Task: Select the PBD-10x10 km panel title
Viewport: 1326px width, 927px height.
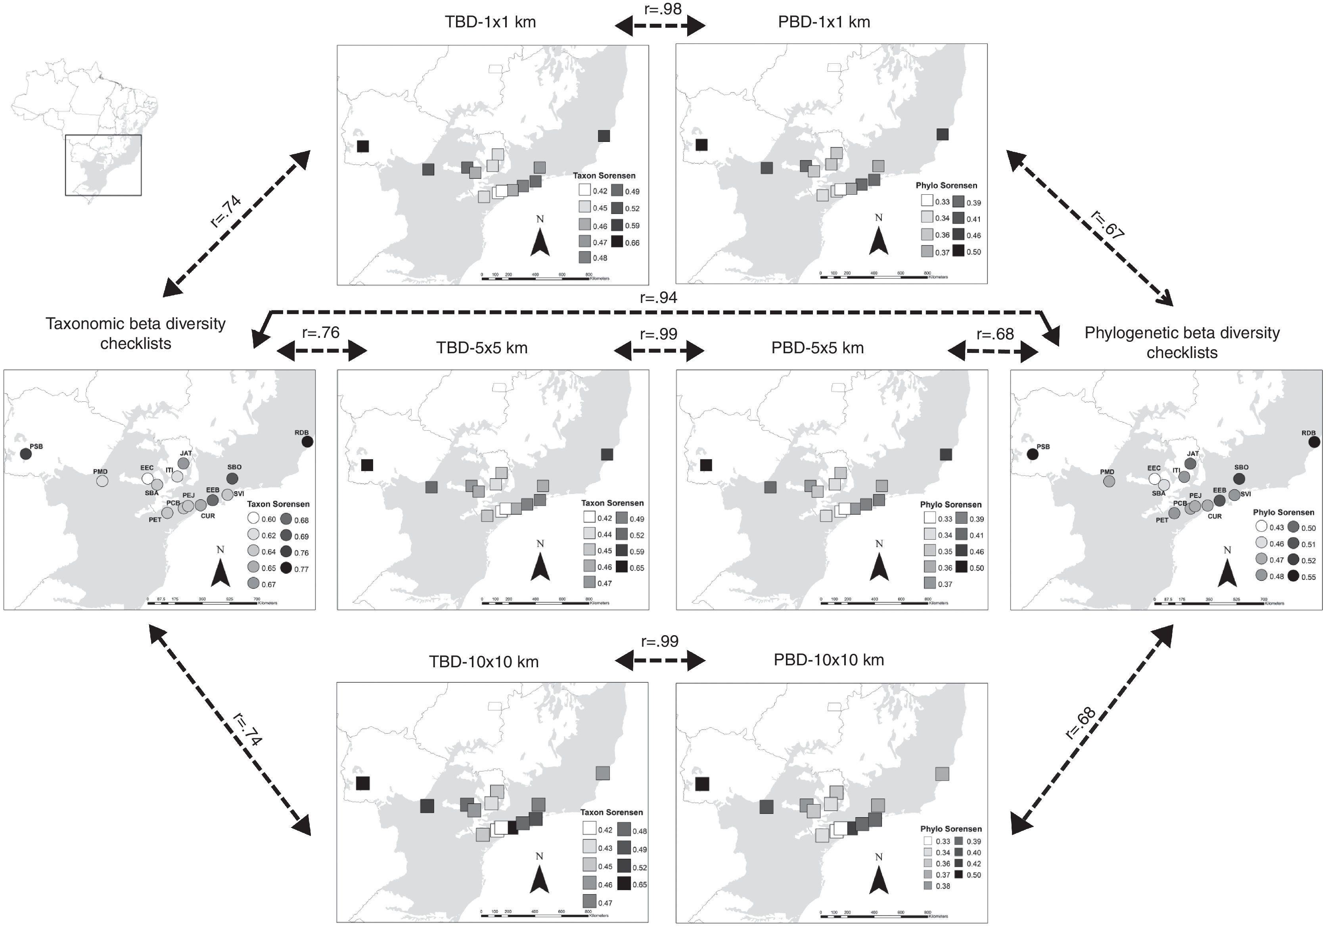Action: tap(828, 660)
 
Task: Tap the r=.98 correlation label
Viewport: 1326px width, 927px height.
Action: tap(663, 9)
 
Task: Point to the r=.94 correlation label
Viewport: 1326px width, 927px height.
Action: tap(658, 297)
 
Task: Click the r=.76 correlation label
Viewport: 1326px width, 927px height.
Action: tap(320, 333)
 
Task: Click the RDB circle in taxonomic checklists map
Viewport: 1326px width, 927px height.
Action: tap(307, 441)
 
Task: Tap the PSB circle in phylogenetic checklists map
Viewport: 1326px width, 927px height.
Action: tap(1033, 454)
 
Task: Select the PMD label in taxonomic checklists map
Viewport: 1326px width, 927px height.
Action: tap(100, 471)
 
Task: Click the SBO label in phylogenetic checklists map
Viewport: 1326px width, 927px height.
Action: tap(1241, 467)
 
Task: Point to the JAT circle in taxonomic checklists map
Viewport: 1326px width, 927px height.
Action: tap(184, 463)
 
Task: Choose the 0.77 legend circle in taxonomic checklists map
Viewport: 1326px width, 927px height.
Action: tap(286, 568)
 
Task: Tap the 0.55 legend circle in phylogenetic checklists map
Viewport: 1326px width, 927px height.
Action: tap(1293, 575)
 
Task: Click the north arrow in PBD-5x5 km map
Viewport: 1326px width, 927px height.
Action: tap(879, 567)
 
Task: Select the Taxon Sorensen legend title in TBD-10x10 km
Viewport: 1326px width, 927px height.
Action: tap(611, 812)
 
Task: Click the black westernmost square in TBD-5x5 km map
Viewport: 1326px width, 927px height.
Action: tap(367, 465)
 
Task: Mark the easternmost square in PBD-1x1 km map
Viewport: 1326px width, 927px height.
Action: tap(943, 134)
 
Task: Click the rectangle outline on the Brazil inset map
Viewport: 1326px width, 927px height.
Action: tap(103, 165)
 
